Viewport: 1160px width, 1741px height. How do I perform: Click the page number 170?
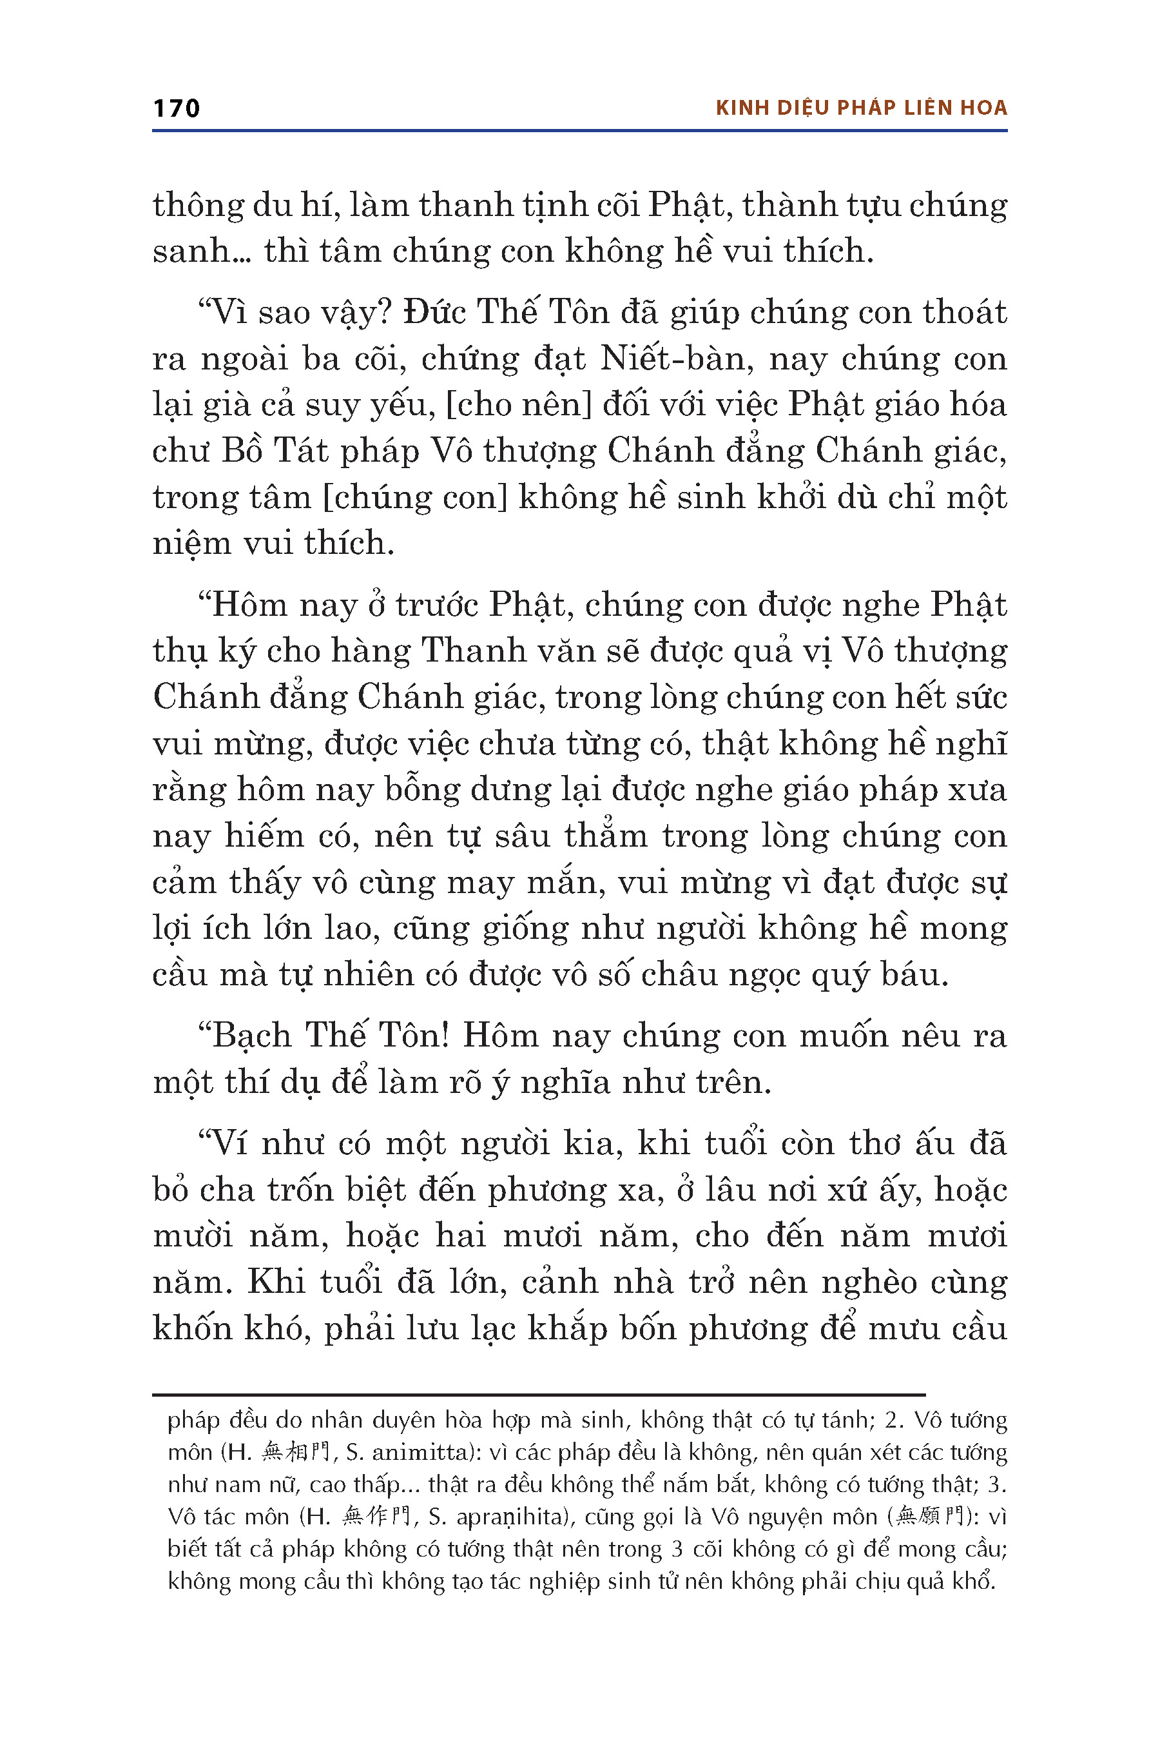pyautogui.click(x=176, y=108)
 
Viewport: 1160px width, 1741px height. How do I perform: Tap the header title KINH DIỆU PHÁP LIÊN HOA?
pyautogui.click(x=861, y=108)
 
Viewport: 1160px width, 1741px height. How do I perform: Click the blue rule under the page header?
pyautogui.click(x=579, y=131)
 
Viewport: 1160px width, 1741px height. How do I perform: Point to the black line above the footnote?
pyautogui.click(x=539, y=1395)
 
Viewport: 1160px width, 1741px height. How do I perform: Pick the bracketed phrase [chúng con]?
pyautogui.click(x=415, y=497)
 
